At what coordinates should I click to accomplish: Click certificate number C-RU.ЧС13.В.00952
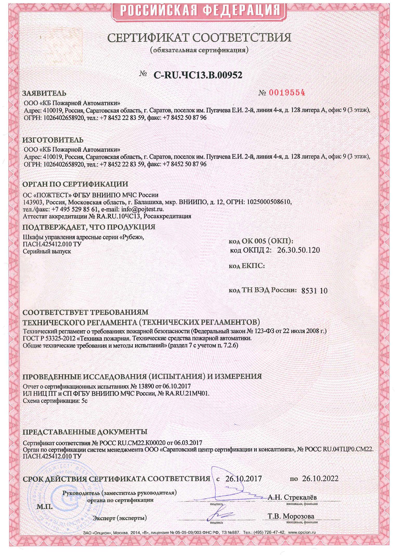tap(198, 75)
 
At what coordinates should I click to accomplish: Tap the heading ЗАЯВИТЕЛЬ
tap(44, 93)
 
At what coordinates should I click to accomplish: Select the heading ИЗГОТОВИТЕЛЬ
tap(53, 140)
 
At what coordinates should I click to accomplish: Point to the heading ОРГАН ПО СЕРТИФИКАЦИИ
tap(75, 184)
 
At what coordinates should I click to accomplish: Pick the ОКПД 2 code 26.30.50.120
tap(298, 250)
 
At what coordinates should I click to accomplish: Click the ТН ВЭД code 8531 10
tap(314, 291)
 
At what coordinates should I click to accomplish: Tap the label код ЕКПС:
tap(247, 266)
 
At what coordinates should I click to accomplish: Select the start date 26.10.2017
tap(243, 479)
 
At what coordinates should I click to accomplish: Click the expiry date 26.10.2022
tap(320, 479)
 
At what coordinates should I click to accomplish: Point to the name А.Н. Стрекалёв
tap(292, 497)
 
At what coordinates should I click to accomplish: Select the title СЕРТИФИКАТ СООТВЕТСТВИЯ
tap(199, 38)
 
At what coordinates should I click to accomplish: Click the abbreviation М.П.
tap(45, 507)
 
